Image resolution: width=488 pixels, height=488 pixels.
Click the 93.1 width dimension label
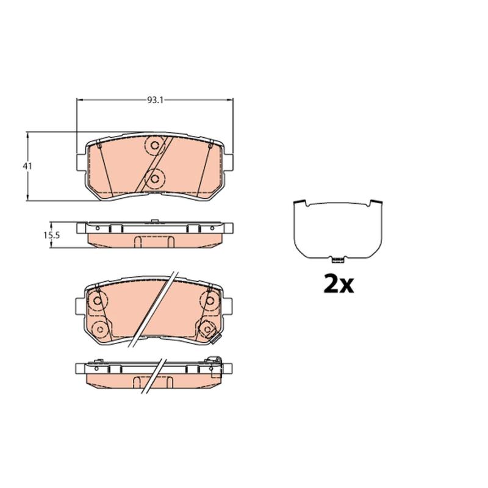click(155, 100)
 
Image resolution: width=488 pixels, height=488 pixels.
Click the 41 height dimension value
click(27, 166)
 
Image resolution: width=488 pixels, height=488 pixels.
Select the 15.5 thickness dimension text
click(51, 235)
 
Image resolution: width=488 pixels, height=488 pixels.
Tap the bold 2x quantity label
click(339, 284)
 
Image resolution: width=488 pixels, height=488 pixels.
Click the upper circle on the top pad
click(155, 145)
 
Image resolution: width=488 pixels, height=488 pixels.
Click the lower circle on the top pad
click(155, 179)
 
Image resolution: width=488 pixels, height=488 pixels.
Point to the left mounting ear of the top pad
click(81, 162)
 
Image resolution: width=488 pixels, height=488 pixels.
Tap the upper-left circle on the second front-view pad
click(98, 301)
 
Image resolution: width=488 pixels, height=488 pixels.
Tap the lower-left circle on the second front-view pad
click(100, 329)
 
